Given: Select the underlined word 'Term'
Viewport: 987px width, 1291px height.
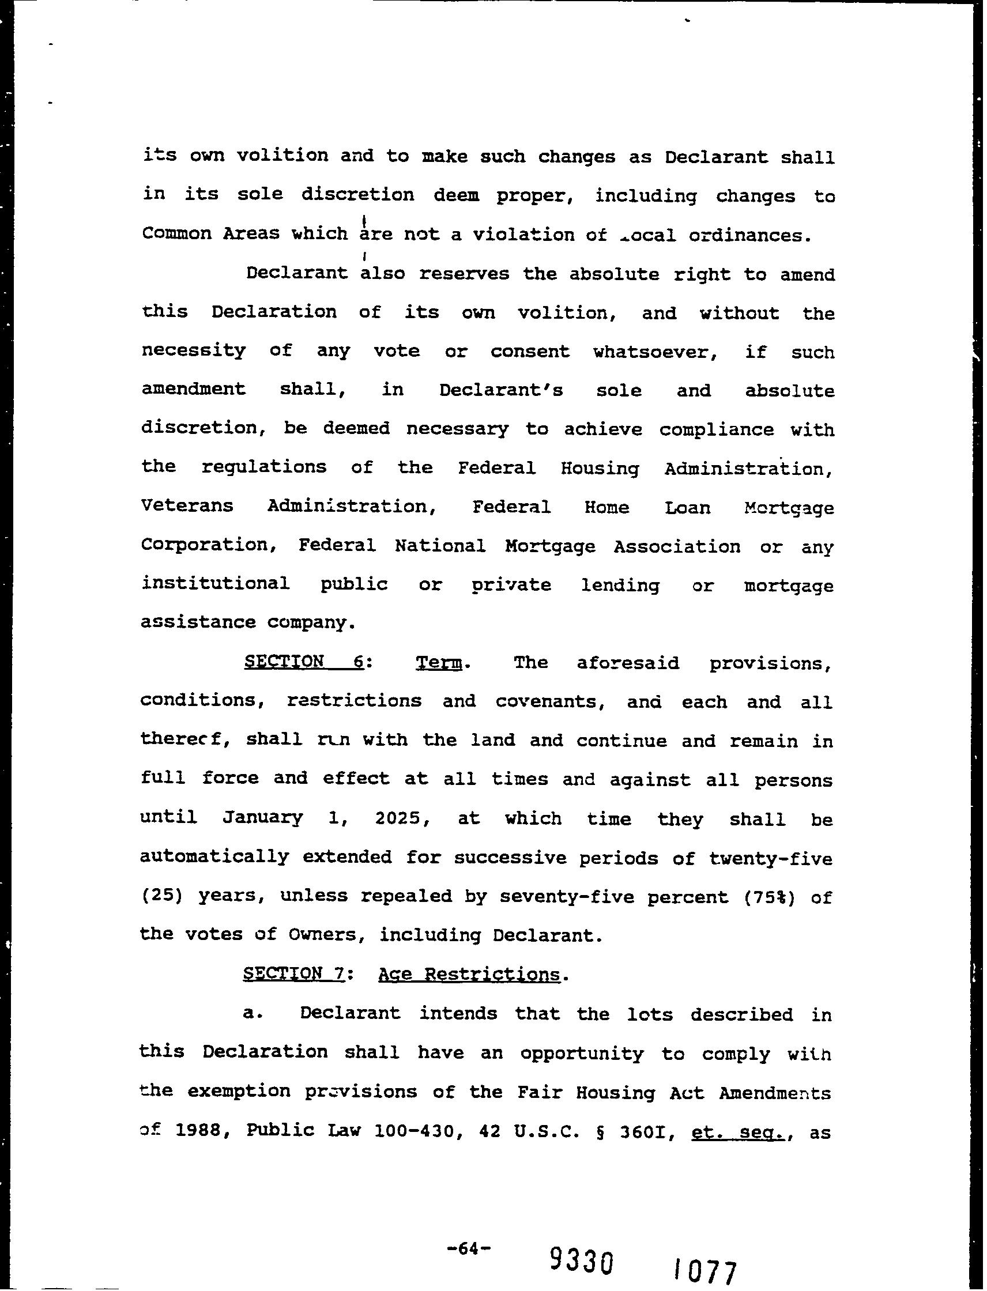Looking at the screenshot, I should tap(438, 663).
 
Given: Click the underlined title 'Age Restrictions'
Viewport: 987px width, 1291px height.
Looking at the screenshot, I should tap(469, 975).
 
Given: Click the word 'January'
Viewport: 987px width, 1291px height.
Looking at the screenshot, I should tap(263, 818).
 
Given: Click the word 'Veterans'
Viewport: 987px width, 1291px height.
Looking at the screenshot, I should tap(187, 505).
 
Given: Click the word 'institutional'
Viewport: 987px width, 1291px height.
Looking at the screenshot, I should tap(215, 583).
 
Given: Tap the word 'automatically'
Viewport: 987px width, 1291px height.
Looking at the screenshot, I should tap(214, 857).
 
